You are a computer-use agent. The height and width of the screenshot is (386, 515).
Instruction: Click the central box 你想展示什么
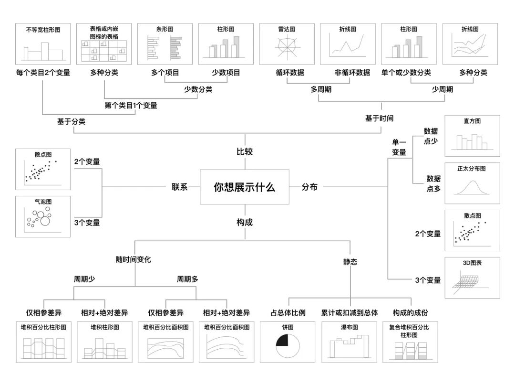tap(244, 187)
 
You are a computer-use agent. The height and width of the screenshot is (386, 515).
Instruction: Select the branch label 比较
tap(245, 152)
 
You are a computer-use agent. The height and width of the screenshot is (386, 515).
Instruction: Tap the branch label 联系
tap(180, 187)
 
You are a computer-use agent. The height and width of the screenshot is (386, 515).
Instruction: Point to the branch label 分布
tap(309, 187)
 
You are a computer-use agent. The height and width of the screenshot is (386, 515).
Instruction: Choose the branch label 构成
tap(245, 222)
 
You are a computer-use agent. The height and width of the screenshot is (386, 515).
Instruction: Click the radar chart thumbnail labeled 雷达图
tap(287, 44)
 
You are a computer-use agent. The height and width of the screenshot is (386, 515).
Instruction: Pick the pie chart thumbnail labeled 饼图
tap(288, 342)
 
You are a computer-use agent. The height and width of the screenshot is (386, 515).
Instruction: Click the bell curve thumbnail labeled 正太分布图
tap(472, 183)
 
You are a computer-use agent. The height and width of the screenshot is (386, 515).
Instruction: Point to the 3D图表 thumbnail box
tap(472, 278)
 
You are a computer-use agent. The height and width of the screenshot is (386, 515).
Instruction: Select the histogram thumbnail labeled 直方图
tap(472, 136)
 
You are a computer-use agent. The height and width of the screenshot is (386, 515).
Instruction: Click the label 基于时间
tap(379, 118)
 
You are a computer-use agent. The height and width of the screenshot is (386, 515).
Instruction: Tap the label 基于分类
tap(71, 121)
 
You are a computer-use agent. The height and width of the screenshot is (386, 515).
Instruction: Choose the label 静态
tap(350, 262)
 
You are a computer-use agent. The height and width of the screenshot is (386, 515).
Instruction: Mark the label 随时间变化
tap(133, 259)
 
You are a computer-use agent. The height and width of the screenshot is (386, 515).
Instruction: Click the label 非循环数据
tap(352, 73)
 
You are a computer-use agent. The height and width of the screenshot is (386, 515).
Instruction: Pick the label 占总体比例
tap(288, 313)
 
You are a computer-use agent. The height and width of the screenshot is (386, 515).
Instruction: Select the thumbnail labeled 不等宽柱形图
tap(43, 44)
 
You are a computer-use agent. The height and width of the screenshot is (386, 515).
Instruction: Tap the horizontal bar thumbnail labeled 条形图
tap(165, 44)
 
